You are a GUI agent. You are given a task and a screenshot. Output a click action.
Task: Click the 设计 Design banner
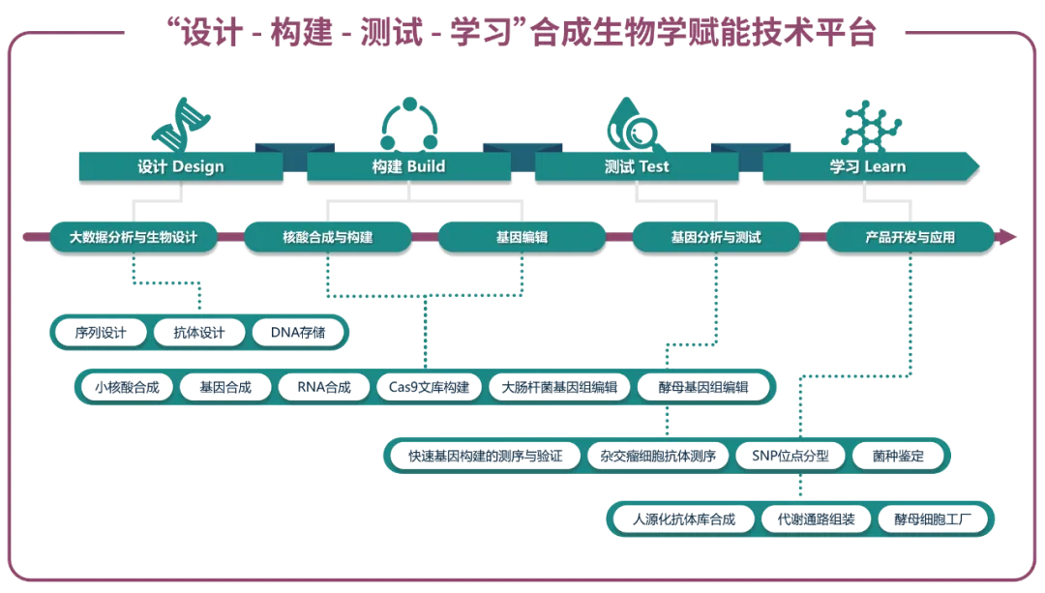pyautogui.click(x=180, y=166)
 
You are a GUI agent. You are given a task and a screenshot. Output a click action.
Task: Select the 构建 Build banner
pyautogui.click(x=408, y=166)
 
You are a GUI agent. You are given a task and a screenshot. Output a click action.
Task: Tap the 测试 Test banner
pyautogui.click(x=636, y=166)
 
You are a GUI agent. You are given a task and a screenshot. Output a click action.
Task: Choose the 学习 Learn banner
pyautogui.click(x=867, y=166)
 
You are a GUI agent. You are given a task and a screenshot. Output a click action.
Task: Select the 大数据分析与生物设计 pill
pyautogui.click(x=134, y=236)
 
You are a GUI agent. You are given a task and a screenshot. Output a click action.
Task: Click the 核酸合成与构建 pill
pyautogui.click(x=327, y=236)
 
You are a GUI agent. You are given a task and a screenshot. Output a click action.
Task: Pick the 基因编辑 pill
pyautogui.click(x=522, y=236)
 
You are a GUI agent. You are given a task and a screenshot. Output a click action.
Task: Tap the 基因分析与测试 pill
pyautogui.click(x=715, y=236)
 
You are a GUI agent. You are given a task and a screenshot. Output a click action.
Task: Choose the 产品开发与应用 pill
pyautogui.click(x=909, y=236)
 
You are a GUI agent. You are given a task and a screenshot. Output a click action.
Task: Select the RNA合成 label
pyautogui.click(x=323, y=387)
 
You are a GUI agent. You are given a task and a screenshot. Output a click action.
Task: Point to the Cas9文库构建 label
pyautogui.click(x=428, y=387)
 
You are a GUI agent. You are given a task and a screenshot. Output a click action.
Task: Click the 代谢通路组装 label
pyautogui.click(x=817, y=519)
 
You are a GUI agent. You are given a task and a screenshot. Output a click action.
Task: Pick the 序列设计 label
pyautogui.click(x=101, y=333)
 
